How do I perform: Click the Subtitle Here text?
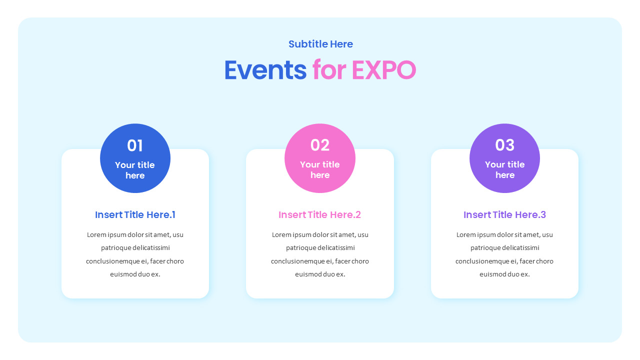(320, 44)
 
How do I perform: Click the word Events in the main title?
(265, 70)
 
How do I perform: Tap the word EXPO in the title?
(383, 70)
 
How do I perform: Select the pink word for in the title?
(329, 70)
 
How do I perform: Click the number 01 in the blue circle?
(135, 145)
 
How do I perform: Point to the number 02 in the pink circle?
(320, 145)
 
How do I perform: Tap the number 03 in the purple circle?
(504, 145)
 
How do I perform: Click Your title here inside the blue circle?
(135, 170)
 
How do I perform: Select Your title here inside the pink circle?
(320, 169)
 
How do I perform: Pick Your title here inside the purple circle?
(504, 169)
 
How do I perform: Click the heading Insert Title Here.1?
(135, 215)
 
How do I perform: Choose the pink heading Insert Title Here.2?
(319, 215)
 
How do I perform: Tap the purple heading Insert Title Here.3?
(504, 215)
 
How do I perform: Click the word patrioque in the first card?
(116, 248)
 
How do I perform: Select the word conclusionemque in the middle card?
(297, 261)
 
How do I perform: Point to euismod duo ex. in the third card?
(504, 274)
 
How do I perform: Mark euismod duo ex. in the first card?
(135, 274)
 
